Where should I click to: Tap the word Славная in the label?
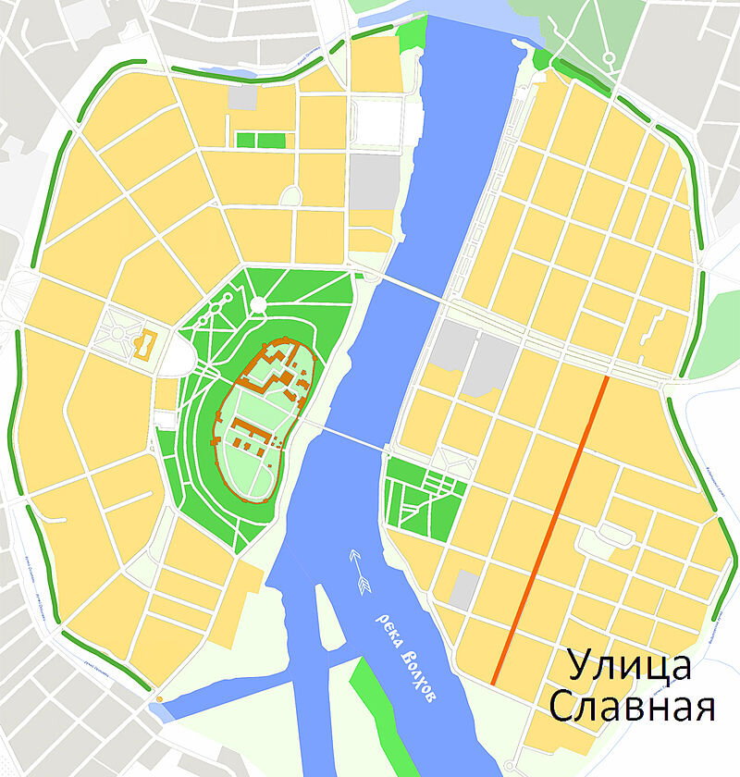[x=632, y=708]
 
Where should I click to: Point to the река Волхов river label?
[x=404, y=653]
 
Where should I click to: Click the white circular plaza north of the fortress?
[x=258, y=305]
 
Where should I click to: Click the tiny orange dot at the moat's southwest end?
[x=159, y=699]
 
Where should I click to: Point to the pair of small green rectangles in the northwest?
[x=260, y=140]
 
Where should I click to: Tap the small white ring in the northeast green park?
[x=610, y=57]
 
